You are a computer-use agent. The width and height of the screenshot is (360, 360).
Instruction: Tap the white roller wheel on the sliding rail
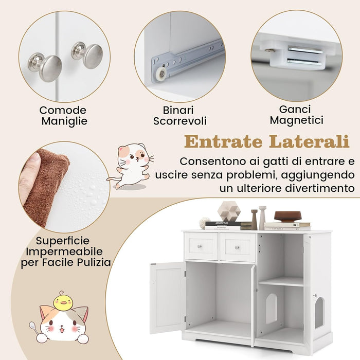[x=162, y=75]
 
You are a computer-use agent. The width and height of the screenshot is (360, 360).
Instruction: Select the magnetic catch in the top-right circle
[x=295, y=56]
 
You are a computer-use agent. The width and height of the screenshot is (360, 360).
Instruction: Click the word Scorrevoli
[x=179, y=121]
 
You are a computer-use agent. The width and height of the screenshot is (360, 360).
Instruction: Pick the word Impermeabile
[x=62, y=251]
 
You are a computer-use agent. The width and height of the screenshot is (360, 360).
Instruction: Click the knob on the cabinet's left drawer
[x=201, y=247]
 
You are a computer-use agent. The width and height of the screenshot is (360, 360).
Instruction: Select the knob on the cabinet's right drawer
[x=237, y=247]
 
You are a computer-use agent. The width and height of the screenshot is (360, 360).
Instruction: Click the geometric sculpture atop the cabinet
[x=228, y=211]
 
